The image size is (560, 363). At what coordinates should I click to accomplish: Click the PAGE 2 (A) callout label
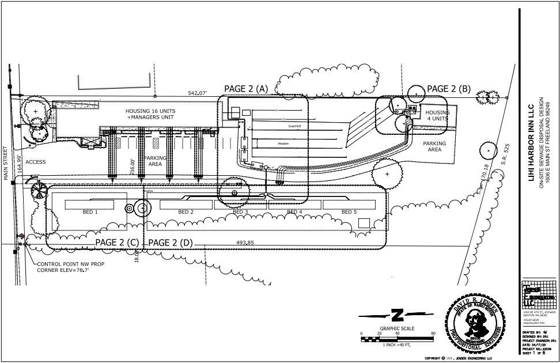coord(246,89)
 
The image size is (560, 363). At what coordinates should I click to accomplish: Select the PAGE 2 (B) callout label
coord(448,89)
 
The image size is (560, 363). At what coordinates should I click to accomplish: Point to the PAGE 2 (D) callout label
coord(171,243)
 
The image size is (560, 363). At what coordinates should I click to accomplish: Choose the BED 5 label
coord(349,212)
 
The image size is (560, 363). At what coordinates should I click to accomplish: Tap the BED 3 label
coord(240,212)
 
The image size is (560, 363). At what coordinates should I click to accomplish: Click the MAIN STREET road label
coord(8,164)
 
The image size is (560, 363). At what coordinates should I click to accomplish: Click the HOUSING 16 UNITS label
coord(151,111)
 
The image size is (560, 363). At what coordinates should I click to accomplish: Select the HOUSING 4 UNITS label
coord(437,115)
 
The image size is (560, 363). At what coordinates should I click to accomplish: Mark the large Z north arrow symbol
coord(396,315)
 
